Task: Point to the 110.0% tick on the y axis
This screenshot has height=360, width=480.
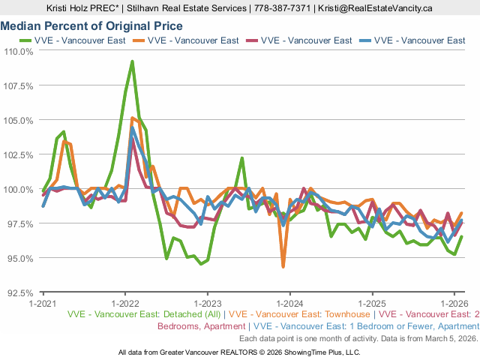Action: tap(19, 52)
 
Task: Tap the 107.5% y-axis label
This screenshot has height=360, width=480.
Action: tap(19, 86)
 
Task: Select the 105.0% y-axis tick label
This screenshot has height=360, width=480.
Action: tap(19, 120)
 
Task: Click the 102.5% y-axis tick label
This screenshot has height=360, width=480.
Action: tap(19, 154)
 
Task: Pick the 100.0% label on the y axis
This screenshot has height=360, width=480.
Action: tap(19, 189)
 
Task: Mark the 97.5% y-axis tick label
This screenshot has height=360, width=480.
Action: tap(21, 223)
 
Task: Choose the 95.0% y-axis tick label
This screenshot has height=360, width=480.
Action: tap(21, 258)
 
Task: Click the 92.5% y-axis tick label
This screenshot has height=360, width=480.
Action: tap(21, 292)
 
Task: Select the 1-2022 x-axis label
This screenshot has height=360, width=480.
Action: tap(124, 304)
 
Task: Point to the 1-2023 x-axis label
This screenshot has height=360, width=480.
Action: tap(207, 304)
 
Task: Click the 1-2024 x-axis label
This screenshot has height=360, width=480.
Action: tap(289, 304)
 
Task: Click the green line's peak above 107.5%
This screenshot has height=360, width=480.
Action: tap(132, 61)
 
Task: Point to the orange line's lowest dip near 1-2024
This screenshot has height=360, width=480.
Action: tap(283, 266)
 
